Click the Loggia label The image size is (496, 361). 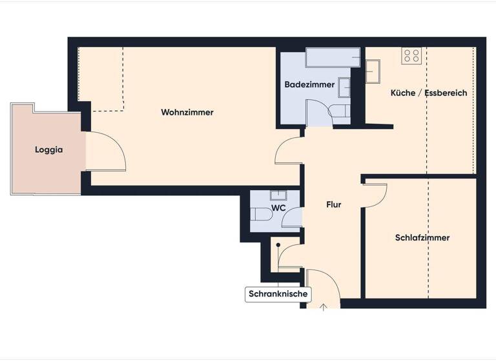click(48, 150)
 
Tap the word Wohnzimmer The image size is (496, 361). click(187, 112)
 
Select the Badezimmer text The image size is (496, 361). click(309, 84)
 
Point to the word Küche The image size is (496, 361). click(402, 93)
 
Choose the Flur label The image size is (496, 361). click(333, 205)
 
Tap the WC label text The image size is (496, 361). click(278, 208)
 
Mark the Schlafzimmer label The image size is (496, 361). click(422, 237)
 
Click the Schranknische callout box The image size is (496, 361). click(278, 295)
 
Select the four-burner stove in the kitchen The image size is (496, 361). click(411, 56)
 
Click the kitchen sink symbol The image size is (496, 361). click(373, 71)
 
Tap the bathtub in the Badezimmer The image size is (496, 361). click(333, 57)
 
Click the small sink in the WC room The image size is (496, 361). click(278, 195)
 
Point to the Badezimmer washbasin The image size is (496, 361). click(344, 87)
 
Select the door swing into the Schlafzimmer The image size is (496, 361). click(375, 195)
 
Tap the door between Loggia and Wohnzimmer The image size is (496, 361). click(105, 152)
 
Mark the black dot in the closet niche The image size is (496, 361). click(278, 245)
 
